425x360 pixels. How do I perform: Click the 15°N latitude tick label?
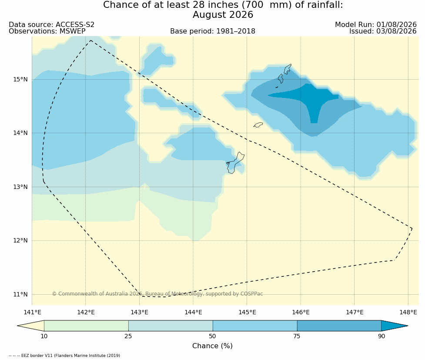click(20, 80)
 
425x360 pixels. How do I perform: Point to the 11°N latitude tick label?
click(20, 294)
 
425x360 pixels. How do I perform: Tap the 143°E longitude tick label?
click(139, 312)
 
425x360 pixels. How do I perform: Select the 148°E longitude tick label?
click(408, 312)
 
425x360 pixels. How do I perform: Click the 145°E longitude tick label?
click(247, 312)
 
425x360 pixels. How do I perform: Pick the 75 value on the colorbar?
click(297, 336)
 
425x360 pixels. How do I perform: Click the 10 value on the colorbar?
click(44, 336)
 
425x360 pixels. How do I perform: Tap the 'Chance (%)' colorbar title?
click(212, 346)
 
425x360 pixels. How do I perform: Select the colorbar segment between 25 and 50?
click(171, 326)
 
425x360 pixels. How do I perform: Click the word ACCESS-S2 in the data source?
click(75, 25)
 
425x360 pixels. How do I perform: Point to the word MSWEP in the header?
click(72, 31)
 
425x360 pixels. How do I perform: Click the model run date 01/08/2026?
click(396, 25)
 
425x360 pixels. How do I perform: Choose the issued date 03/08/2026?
click(396, 31)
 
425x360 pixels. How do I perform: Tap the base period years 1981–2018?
click(235, 31)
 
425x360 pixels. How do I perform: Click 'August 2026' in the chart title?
click(223, 15)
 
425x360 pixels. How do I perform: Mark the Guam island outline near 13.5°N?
click(235, 163)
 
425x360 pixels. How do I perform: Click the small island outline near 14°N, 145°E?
click(258, 125)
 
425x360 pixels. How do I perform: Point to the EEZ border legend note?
click(64, 355)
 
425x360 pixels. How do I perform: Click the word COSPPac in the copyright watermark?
click(251, 294)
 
